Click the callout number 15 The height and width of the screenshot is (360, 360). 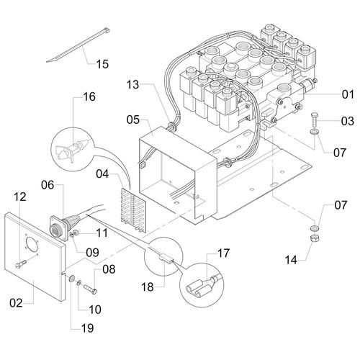(102, 64)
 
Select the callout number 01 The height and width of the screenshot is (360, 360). (348, 94)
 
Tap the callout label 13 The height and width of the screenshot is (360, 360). (132, 84)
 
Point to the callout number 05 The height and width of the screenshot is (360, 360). (133, 120)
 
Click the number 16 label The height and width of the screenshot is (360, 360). (89, 96)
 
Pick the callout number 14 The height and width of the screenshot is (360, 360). (291, 260)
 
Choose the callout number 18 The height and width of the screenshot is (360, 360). (148, 287)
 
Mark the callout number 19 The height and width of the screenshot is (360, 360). (88, 328)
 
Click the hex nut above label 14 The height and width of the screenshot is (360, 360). (314, 238)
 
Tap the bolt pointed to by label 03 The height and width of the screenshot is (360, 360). (315, 120)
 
